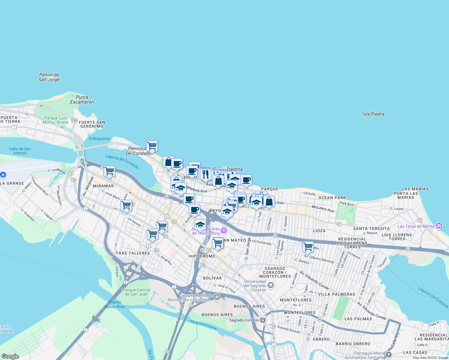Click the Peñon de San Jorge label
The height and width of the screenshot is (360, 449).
click(x=49, y=77)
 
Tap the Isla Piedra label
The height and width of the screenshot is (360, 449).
click(x=373, y=114)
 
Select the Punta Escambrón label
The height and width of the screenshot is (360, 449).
click(x=82, y=100)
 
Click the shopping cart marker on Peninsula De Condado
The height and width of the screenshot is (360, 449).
click(x=152, y=146)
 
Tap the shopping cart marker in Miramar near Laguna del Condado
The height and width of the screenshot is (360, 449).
click(x=109, y=171)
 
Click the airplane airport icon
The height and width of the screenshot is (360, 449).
click(x=3, y=174)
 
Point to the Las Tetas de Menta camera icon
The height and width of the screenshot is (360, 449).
click(x=439, y=226)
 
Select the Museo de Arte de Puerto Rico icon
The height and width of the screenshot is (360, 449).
click(x=224, y=231)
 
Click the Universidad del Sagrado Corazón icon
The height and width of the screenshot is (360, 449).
click(x=271, y=285)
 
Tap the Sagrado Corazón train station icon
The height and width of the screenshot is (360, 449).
click(x=263, y=320)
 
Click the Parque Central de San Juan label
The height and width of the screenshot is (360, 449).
click(x=137, y=292)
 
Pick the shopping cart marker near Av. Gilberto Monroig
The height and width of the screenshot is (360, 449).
click(x=308, y=247)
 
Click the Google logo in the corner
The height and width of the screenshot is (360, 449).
click(x=10, y=356)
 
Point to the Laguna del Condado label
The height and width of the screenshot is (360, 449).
click(x=122, y=162)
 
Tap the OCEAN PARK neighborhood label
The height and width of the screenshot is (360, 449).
click(x=332, y=198)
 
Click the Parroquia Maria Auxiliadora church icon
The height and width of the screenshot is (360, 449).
click(x=388, y=355)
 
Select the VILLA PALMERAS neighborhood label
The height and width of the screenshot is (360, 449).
click(x=336, y=294)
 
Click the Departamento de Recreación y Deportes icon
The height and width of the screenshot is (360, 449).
click(x=217, y=297)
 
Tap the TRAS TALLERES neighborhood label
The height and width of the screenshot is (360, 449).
click(x=133, y=253)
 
